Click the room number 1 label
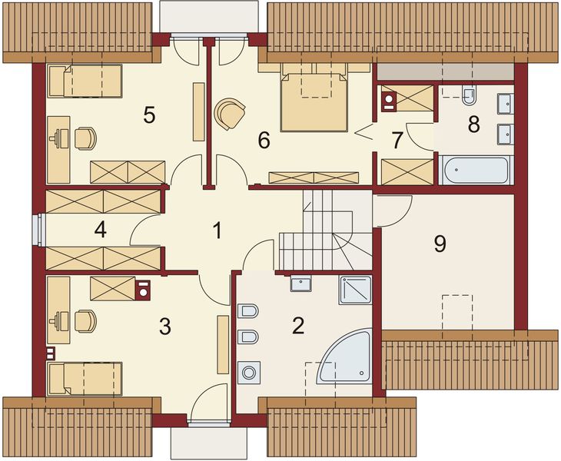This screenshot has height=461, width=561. coord(217,229)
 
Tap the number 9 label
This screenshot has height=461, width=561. coord(440,244)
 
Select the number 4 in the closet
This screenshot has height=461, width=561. coord(99,229)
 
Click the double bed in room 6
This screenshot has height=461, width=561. coord(314,101)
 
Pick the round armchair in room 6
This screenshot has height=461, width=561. coord(229,113)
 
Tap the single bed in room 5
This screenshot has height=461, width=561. coord(85,81)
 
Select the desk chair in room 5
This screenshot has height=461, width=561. coord(85,138)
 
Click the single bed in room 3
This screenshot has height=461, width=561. coord(85,379)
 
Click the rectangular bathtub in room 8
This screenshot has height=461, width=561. coord(473,170)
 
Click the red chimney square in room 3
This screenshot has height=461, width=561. coord(142,290)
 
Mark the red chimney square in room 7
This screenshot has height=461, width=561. coord(389,98)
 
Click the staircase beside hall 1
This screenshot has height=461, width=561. coord(323,230)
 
